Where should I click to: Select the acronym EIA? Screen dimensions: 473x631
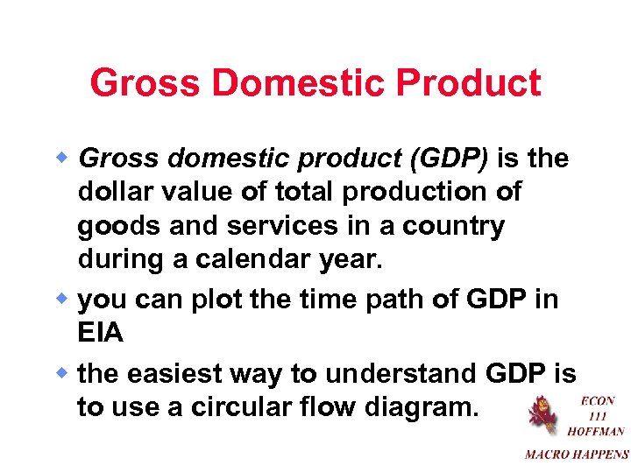[101, 333]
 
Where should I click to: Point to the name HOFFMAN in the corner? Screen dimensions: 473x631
[596, 431]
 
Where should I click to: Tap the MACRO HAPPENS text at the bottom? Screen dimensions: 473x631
[577, 454]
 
